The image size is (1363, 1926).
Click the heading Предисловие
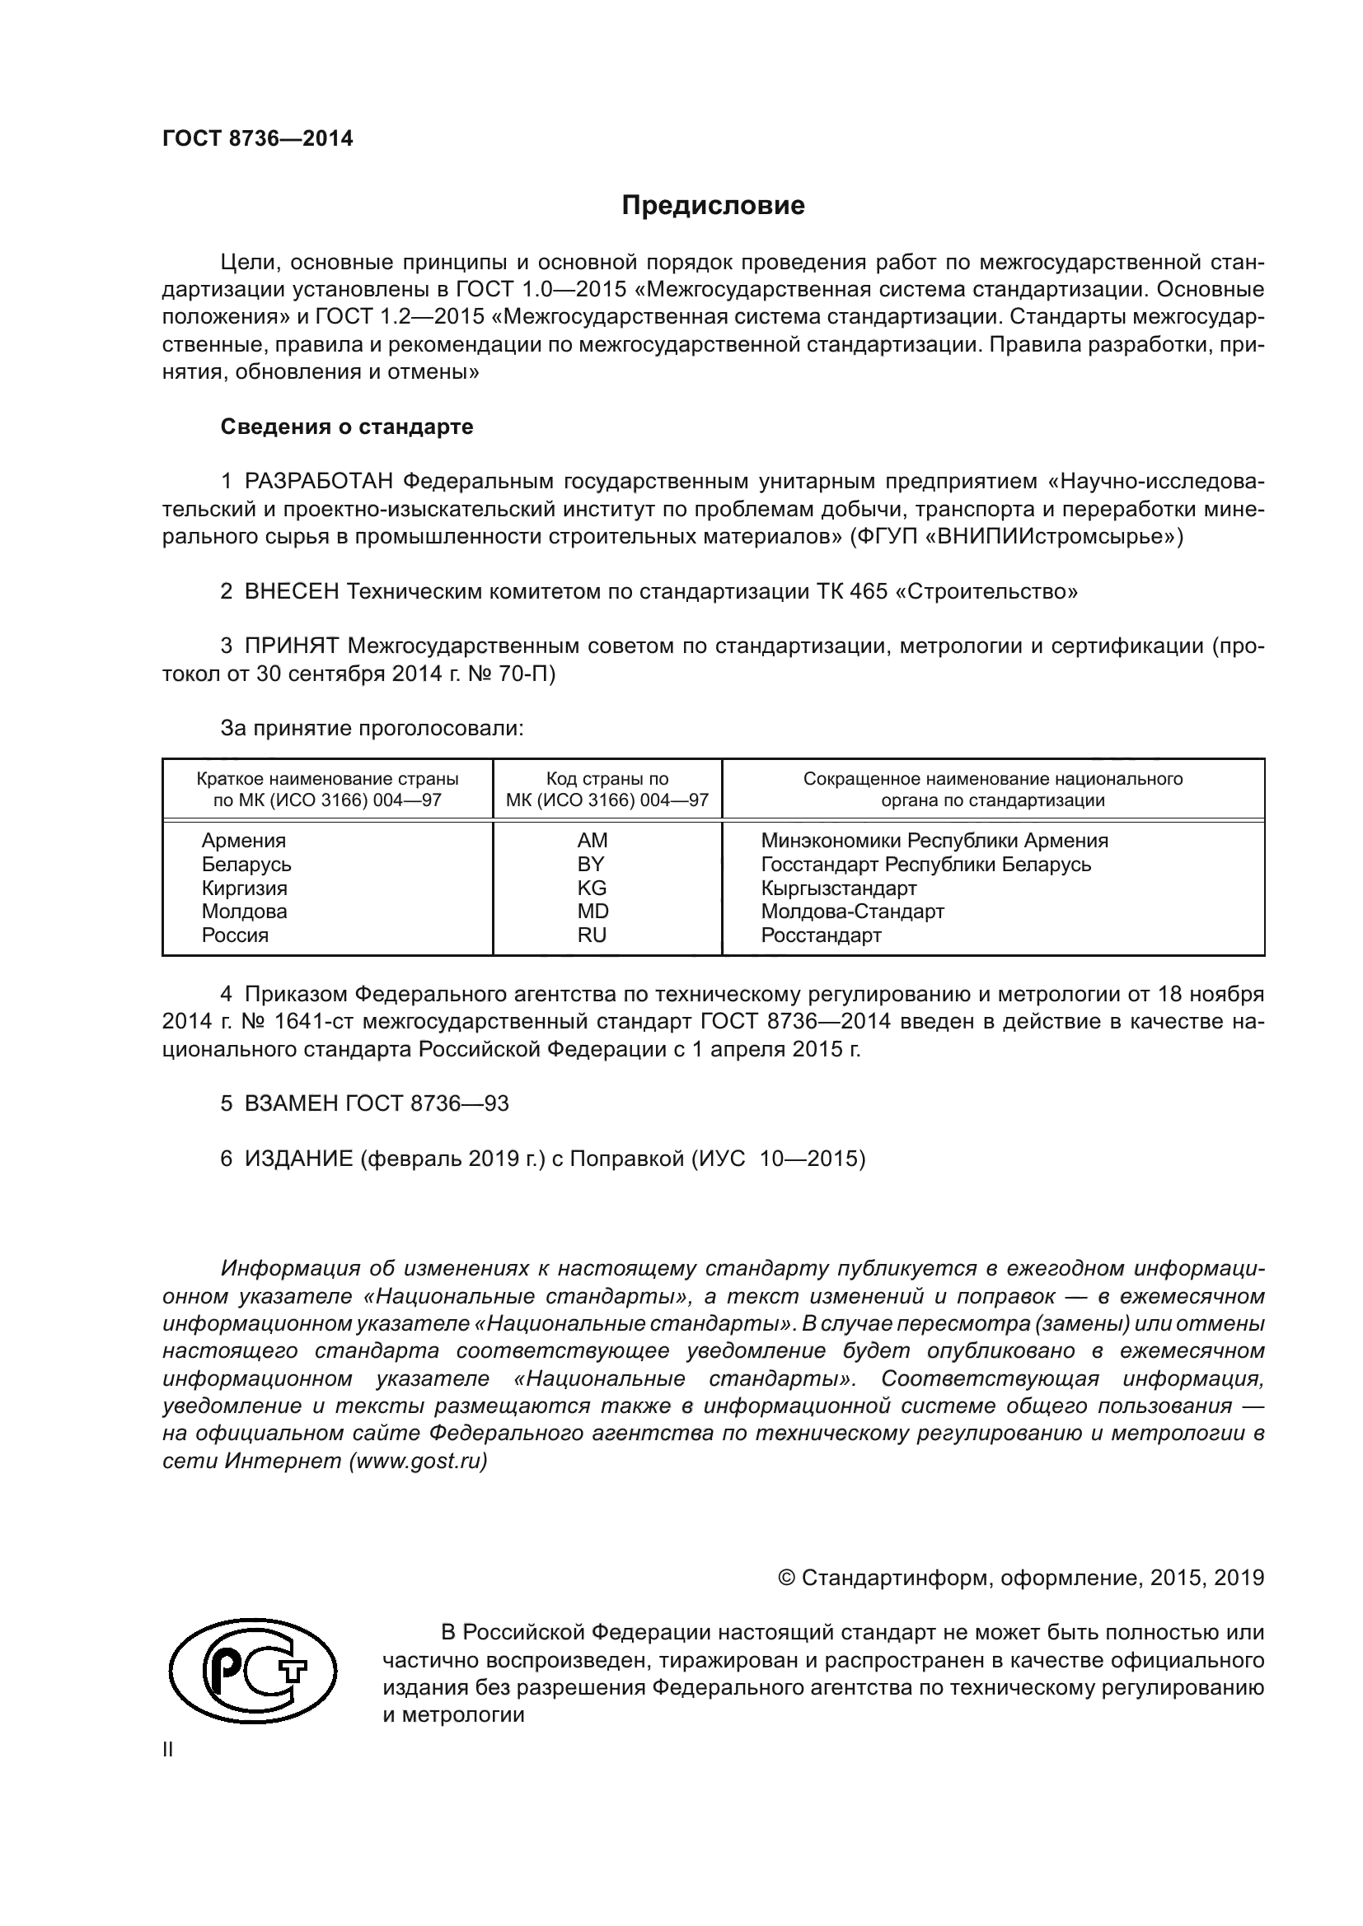(x=713, y=206)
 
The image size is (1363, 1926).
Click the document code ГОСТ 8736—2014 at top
(x=258, y=139)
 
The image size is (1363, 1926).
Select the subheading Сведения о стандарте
(x=347, y=427)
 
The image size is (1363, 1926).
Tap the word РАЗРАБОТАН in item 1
(x=320, y=482)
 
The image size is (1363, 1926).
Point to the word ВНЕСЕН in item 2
(x=292, y=591)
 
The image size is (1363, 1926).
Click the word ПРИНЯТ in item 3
(x=292, y=646)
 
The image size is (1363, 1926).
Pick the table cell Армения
(x=243, y=841)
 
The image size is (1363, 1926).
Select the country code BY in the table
(x=591, y=864)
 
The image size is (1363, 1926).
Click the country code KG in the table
(x=592, y=888)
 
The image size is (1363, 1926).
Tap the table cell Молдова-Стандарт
(x=853, y=911)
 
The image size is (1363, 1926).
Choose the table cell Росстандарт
(x=821, y=935)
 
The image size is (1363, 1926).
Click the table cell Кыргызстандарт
(x=838, y=888)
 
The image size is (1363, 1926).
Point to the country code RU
(x=592, y=935)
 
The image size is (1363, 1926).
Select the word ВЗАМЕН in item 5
(x=292, y=1103)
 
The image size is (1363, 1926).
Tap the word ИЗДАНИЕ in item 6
(x=299, y=1159)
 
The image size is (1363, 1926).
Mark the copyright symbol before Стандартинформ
(x=786, y=1578)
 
